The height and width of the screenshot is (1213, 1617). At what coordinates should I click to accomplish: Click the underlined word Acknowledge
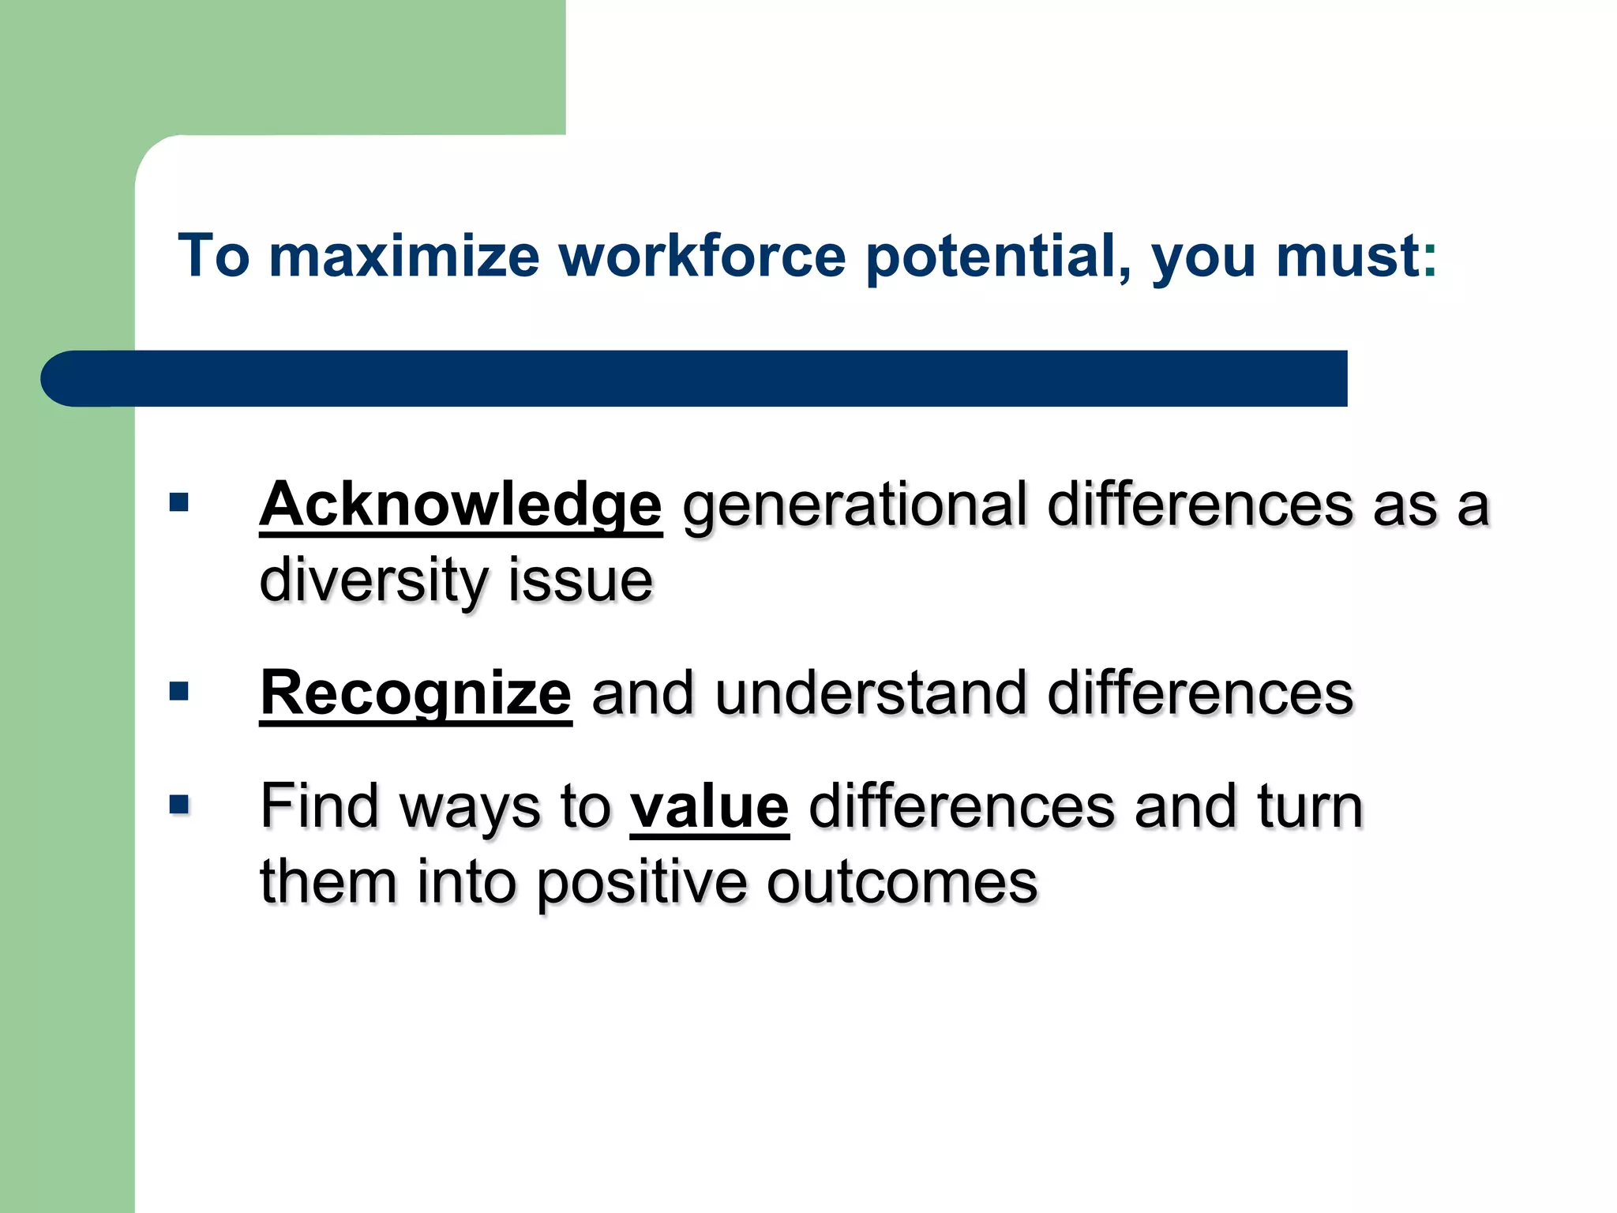(460, 505)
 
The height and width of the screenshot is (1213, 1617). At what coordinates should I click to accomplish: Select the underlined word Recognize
(415, 694)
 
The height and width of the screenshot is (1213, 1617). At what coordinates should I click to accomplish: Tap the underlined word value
(709, 807)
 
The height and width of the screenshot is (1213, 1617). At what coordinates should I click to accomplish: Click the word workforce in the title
(703, 257)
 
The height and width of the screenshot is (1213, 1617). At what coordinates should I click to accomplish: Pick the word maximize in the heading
(404, 257)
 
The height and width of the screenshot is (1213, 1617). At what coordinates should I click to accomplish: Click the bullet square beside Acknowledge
(179, 502)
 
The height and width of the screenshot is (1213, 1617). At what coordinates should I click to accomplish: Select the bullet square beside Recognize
(179, 692)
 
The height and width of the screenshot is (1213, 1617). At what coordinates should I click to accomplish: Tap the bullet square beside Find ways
(179, 805)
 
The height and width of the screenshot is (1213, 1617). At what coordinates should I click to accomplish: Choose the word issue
(580, 580)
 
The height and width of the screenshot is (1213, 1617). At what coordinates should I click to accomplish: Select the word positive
(641, 883)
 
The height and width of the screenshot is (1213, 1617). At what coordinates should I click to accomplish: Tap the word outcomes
(902, 883)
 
